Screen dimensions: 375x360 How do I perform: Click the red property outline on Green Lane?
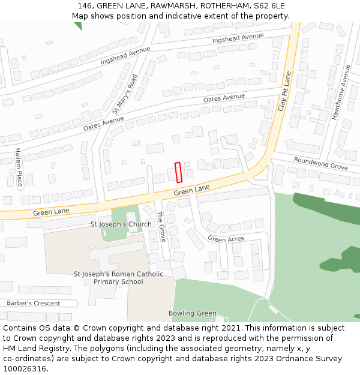coord(178,172)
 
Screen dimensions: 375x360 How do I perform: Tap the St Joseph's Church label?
coord(121,224)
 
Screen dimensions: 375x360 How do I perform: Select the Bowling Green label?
coord(192,313)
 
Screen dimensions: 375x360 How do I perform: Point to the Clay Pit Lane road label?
coord(284,91)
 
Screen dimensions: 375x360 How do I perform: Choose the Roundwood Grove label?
coord(321,163)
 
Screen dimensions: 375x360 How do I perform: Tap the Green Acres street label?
coord(226,239)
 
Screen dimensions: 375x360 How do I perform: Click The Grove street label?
coord(161,227)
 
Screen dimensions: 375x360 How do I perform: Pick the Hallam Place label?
coord(19,167)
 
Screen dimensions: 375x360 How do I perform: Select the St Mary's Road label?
coord(125,94)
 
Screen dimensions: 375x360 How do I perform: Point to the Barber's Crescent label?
coord(34,303)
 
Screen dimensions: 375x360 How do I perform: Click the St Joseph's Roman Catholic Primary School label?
coord(118,278)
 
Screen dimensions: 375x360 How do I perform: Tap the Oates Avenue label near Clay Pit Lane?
coord(224,98)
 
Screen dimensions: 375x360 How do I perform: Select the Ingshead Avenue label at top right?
coord(238,39)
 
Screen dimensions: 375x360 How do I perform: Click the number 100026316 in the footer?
coord(24,369)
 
